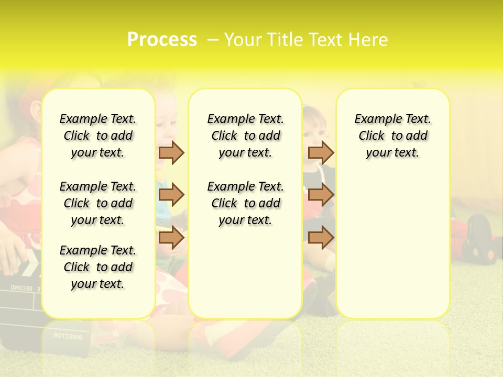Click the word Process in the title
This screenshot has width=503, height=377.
(162, 39)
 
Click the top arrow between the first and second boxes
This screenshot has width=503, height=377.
(171, 152)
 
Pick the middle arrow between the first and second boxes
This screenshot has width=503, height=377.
(171, 195)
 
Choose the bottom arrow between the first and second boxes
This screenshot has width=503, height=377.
(171, 238)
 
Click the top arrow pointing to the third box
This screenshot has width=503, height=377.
(321, 152)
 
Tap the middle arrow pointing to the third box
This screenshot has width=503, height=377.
(321, 195)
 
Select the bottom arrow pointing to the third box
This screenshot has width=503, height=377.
(321, 238)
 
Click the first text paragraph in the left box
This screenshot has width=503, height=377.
(98, 136)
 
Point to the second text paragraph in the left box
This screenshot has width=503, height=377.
(98, 203)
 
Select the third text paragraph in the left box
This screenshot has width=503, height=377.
(98, 267)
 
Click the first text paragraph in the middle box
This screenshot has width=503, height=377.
(245, 136)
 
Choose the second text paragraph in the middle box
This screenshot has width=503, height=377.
(245, 203)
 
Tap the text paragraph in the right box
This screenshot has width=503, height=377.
(392, 136)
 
